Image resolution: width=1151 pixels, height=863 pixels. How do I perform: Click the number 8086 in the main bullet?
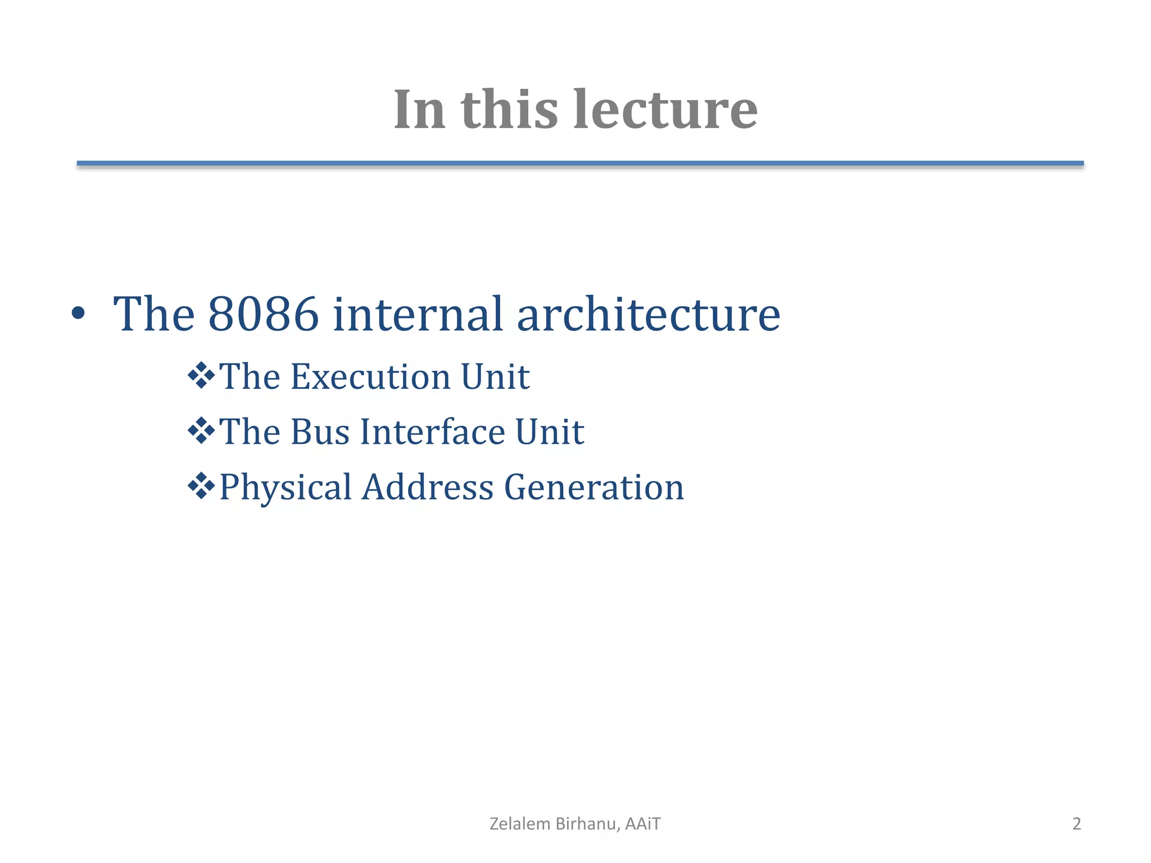pos(264,314)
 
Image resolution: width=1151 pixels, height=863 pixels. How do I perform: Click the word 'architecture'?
pos(649,314)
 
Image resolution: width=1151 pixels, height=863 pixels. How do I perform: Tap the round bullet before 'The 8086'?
pos(79,314)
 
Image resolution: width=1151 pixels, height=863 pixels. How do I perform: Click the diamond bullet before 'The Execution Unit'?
pos(201,376)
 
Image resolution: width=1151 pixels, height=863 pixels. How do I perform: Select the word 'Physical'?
pos(286,487)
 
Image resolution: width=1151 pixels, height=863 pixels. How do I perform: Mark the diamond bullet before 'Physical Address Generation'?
pos(201,487)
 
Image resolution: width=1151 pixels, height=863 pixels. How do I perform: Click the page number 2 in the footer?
pos(1076,824)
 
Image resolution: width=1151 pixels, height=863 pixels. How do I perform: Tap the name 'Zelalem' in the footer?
pos(520,824)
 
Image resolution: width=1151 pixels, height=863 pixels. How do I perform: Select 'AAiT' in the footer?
pos(643,824)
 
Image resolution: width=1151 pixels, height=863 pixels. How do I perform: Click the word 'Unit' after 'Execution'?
pos(495,376)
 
